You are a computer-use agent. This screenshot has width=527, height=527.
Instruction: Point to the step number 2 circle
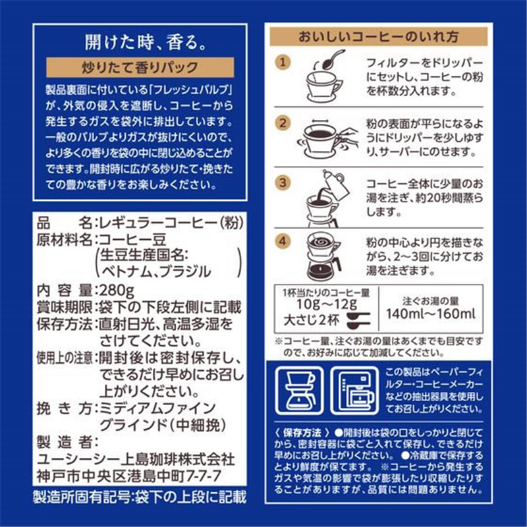[282, 123]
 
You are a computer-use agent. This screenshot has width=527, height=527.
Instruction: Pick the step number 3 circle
[282, 181]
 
